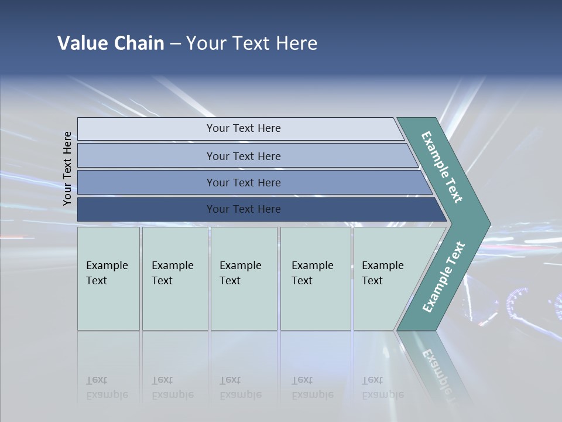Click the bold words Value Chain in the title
coord(111,43)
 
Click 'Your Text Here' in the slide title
coord(252,43)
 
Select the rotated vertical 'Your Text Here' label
coord(67,169)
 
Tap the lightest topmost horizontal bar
coord(243,128)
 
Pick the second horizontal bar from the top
coord(243,156)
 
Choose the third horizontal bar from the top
coord(243,182)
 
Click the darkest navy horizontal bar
coord(243,209)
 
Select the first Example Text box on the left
coord(108,278)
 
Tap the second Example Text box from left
coord(174,278)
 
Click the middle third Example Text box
coord(244,278)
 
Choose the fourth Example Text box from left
coord(316,278)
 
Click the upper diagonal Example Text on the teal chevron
coord(442,167)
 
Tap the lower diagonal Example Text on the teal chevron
coord(444,277)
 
